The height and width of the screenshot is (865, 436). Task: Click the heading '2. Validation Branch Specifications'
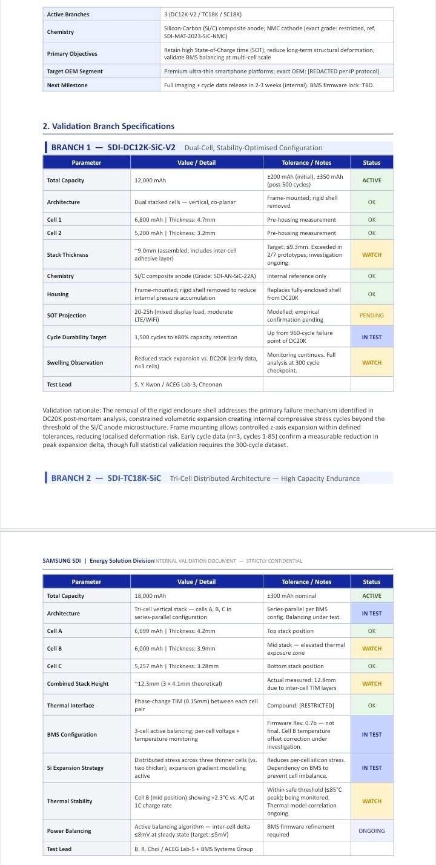[x=108, y=126]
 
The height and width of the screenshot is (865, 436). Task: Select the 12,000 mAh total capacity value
[x=150, y=181]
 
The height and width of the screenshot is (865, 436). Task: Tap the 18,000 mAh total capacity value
[x=150, y=596]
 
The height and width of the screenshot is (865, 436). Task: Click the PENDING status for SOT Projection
[x=372, y=316]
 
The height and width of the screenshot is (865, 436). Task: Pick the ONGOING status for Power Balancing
[x=372, y=830]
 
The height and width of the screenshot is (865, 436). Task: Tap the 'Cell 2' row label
[x=54, y=233]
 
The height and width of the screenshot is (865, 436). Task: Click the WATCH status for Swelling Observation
[x=372, y=363]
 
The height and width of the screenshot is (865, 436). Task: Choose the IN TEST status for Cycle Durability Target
[x=372, y=337]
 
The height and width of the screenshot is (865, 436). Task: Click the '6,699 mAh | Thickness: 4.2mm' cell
[x=174, y=631]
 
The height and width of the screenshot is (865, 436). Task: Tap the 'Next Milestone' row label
[x=67, y=85]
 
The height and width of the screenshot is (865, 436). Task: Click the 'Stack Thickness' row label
[x=68, y=255]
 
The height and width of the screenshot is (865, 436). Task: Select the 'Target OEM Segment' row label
[x=74, y=71]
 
